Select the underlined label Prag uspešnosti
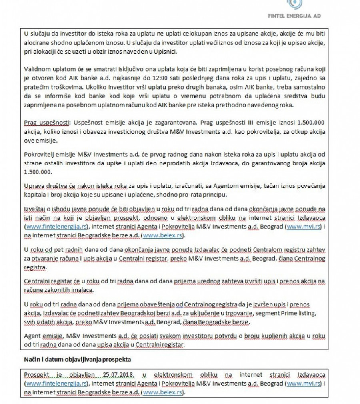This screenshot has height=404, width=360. pyautogui.click(x=44, y=121)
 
